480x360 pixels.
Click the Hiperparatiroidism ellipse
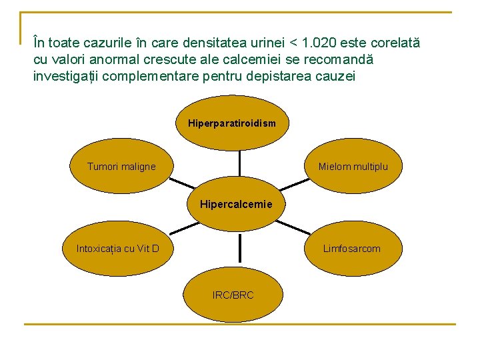232,123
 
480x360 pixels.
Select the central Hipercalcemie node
236,204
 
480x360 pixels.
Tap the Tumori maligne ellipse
121,167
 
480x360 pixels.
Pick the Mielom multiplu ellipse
353,167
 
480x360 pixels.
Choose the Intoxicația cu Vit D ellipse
117,249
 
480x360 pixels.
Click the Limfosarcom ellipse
351,249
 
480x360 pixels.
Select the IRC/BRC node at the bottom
233,294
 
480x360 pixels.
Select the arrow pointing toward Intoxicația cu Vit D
183,226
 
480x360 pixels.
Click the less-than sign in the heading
293,44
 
